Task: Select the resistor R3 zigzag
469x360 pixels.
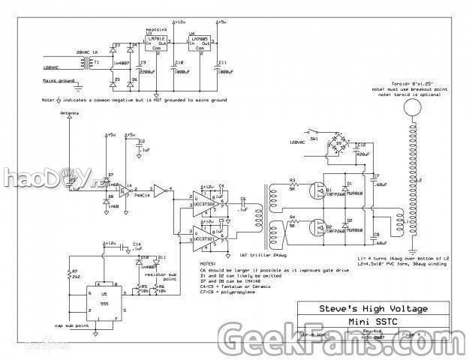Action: [x=294, y=186]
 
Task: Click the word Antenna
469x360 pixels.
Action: [x=69, y=112]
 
